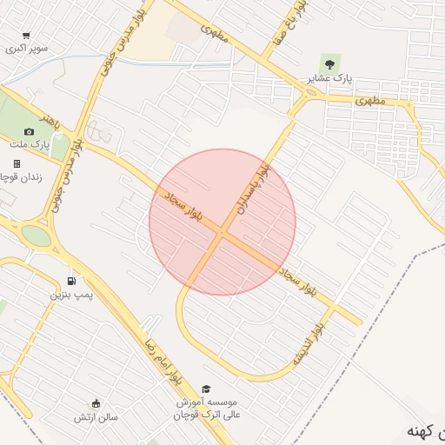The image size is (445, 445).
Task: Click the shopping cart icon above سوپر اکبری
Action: click(x=26, y=36)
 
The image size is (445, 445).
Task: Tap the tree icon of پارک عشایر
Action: click(x=329, y=63)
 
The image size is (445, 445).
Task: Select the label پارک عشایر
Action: click(x=329, y=78)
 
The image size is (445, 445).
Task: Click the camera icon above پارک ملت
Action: click(x=30, y=131)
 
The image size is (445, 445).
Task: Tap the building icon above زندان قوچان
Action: click(x=16, y=163)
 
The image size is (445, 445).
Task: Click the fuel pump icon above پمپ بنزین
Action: click(x=70, y=281)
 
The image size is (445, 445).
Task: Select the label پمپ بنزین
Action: click(x=70, y=296)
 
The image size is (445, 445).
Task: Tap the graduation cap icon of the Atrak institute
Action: click(x=206, y=389)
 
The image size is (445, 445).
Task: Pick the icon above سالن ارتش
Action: click(x=96, y=402)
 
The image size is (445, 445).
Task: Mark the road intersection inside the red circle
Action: click(x=222, y=233)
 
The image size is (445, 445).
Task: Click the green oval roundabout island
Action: click(x=37, y=235)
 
